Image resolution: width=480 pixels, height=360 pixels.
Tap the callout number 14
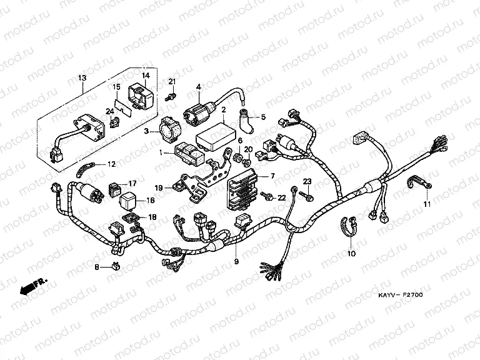click(146, 76)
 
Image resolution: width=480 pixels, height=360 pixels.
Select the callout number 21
click(172, 82)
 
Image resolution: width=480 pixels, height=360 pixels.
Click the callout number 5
click(263, 117)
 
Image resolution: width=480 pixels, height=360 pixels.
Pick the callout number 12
click(111, 164)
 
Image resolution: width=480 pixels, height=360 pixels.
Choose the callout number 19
click(159, 187)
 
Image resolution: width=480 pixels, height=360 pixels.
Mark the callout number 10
click(351, 254)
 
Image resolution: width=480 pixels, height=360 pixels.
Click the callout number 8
click(97, 267)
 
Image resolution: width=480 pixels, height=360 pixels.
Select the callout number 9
click(236, 260)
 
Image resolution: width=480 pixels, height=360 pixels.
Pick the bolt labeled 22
click(268, 197)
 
